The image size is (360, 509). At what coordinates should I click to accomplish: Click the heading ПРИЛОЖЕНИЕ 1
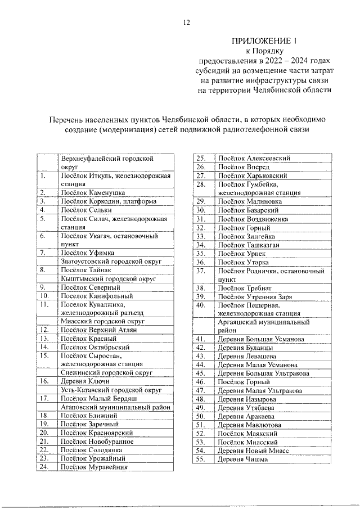(x=264, y=41)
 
